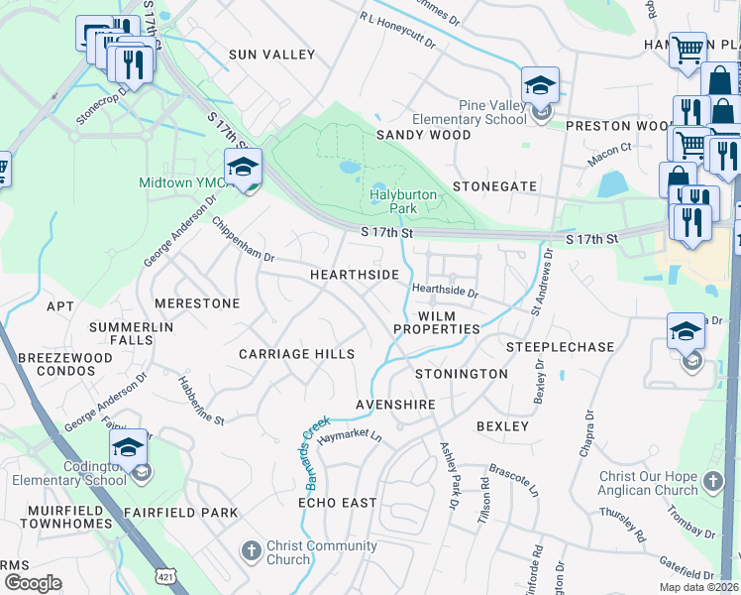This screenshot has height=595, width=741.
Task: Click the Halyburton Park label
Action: point(403,202)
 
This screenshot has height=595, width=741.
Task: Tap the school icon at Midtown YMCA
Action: point(243,166)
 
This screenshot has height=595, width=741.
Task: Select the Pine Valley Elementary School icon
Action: point(540,85)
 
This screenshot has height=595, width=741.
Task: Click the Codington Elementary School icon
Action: point(128,447)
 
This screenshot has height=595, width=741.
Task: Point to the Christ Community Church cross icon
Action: point(252,550)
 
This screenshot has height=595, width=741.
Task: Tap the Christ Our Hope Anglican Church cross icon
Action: point(713,483)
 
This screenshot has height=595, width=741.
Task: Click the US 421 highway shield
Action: point(164,576)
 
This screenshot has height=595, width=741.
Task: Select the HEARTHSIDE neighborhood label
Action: point(355,274)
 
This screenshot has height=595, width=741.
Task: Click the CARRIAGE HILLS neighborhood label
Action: point(296,354)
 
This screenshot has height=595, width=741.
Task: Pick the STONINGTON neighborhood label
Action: point(461,374)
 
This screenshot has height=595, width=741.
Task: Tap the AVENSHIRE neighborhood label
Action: point(396,406)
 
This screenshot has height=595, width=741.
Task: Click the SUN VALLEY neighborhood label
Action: point(271,56)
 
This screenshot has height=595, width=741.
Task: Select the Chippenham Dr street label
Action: point(243,239)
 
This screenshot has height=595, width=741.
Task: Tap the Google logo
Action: point(33,582)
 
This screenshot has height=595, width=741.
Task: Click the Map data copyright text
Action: point(699,587)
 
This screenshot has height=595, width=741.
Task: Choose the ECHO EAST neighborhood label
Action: point(338,503)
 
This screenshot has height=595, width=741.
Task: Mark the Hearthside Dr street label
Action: point(445,292)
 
